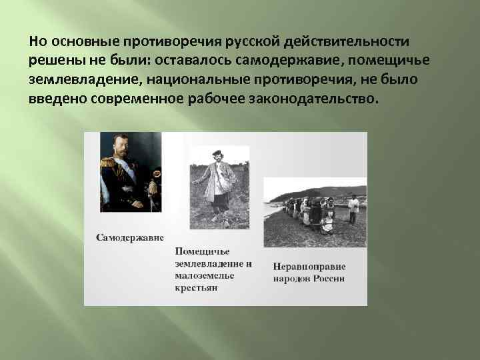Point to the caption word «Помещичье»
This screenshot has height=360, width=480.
click(203, 251)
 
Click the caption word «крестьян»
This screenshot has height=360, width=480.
click(197, 288)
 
